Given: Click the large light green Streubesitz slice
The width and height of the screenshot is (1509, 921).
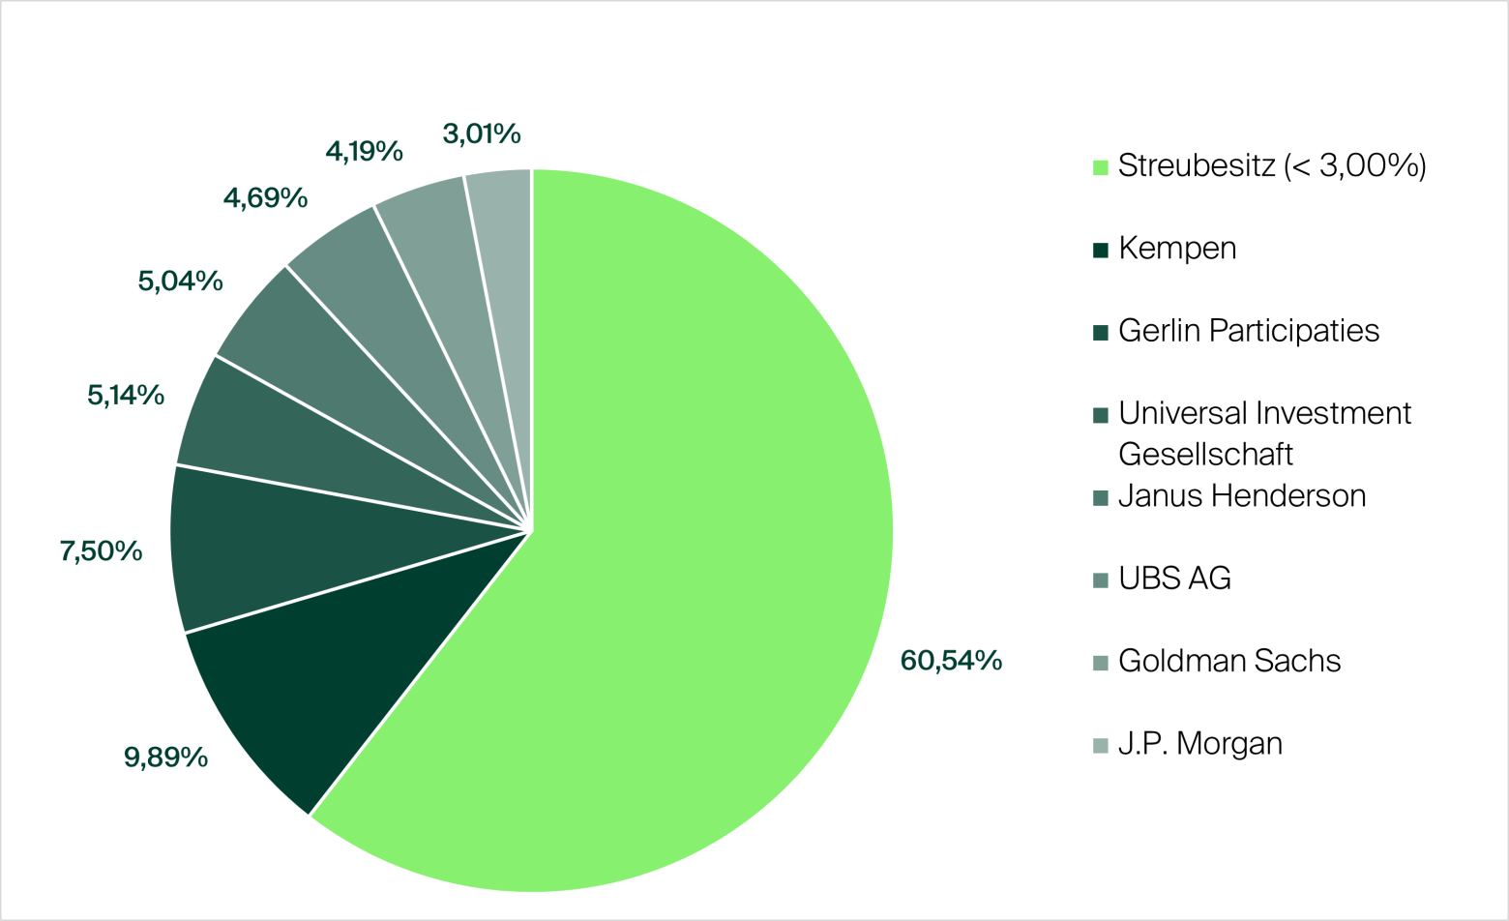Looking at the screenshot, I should (696, 542).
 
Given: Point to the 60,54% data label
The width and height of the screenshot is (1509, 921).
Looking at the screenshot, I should (951, 661).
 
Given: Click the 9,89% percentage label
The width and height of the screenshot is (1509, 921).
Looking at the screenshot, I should (165, 758).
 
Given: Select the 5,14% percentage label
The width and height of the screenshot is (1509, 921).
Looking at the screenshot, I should (126, 395).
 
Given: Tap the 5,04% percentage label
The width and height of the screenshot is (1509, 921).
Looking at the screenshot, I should (180, 282).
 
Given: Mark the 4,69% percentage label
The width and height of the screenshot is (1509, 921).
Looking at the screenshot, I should (265, 198).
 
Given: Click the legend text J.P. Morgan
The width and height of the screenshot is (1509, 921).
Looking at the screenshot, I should (1200, 744).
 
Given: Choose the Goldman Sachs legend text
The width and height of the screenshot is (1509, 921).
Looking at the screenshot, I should (1229, 662).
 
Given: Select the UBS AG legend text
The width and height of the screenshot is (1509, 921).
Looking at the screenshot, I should (1174, 579).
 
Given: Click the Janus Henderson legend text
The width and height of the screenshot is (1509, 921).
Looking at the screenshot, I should (1242, 496).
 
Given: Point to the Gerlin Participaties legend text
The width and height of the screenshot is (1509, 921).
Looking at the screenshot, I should (1248, 331).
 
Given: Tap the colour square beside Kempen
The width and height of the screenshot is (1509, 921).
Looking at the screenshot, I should (1100, 251).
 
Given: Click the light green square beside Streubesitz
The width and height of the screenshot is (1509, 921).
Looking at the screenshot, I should (1100, 167).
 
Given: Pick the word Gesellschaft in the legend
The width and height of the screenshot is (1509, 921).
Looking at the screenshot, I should (1205, 455).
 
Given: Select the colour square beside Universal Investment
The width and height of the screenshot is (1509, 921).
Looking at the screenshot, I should (1100, 416).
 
